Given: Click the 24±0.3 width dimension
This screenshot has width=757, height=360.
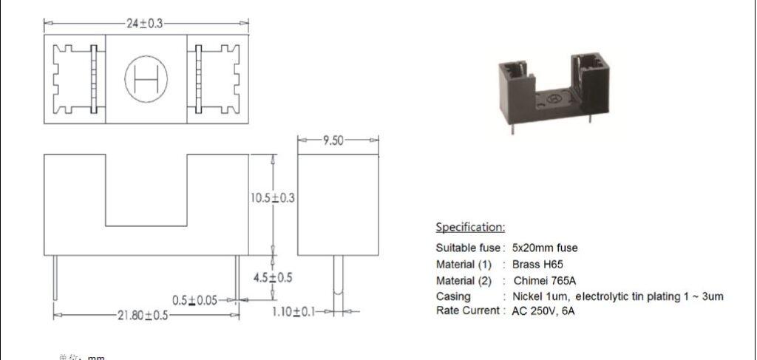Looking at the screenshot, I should [x=145, y=24].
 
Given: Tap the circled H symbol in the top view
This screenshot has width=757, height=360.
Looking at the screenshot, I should [x=145, y=78].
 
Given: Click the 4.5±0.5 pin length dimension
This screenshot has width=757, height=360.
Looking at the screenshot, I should [x=273, y=278].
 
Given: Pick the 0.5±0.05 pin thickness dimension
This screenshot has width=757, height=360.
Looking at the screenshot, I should [x=195, y=300].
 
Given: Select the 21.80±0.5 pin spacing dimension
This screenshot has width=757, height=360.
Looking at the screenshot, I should [x=144, y=315].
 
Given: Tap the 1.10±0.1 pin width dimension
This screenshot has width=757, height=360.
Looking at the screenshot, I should [x=294, y=312].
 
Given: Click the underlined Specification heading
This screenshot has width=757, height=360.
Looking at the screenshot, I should [x=470, y=227].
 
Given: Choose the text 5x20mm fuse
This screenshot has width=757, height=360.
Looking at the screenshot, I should [x=545, y=248].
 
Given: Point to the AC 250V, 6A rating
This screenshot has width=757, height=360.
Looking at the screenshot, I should [x=543, y=311].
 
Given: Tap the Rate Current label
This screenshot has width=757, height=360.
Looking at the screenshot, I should [x=468, y=311].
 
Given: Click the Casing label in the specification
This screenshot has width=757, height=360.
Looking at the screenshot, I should [x=453, y=296].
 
